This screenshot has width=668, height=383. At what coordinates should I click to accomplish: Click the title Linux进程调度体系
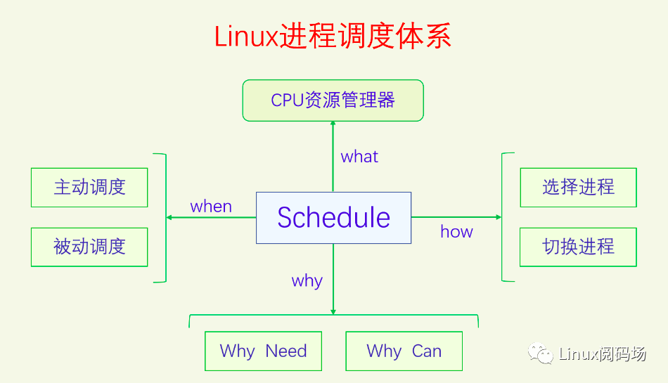(x=333, y=36)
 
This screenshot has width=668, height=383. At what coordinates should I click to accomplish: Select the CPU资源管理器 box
(x=333, y=100)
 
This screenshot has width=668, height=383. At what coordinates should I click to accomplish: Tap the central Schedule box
(x=333, y=218)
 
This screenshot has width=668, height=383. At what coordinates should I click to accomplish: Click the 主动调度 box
(x=89, y=187)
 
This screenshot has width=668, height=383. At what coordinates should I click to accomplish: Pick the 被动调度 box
(x=89, y=247)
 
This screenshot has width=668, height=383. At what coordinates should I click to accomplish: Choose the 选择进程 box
(x=578, y=187)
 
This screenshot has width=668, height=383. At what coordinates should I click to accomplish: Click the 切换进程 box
(x=578, y=247)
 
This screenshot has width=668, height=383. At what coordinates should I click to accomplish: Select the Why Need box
(x=263, y=351)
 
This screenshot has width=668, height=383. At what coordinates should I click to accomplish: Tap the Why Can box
(x=404, y=351)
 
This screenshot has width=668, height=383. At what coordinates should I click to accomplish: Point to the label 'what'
(x=359, y=157)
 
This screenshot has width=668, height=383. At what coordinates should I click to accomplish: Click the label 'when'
(x=211, y=206)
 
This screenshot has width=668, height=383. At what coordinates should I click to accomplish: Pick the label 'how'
(x=456, y=231)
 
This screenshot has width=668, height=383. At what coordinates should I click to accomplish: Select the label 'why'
(x=307, y=281)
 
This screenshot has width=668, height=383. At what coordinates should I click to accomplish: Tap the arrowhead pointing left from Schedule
(x=169, y=218)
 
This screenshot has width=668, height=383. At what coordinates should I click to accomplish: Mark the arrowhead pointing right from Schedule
(x=499, y=218)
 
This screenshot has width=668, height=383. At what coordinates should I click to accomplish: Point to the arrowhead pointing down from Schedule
(x=333, y=311)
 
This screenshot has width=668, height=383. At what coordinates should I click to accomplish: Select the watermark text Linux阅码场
(x=602, y=353)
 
